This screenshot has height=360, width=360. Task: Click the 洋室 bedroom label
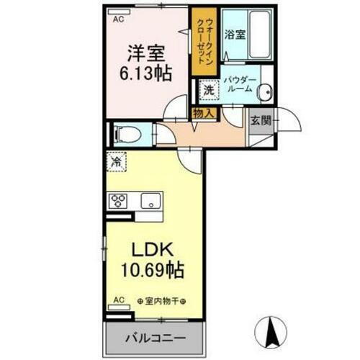(x=146, y=53)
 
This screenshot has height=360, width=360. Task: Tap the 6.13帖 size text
(x=146, y=74)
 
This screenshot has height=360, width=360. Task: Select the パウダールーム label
(x=238, y=85)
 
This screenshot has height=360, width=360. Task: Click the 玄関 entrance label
(x=261, y=121)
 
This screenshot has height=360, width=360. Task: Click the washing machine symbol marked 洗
(x=208, y=91)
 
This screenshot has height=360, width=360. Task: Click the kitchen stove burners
(x=118, y=201)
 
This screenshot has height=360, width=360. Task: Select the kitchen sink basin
(x=152, y=201)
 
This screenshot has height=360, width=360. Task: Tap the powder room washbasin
(x=265, y=91)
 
